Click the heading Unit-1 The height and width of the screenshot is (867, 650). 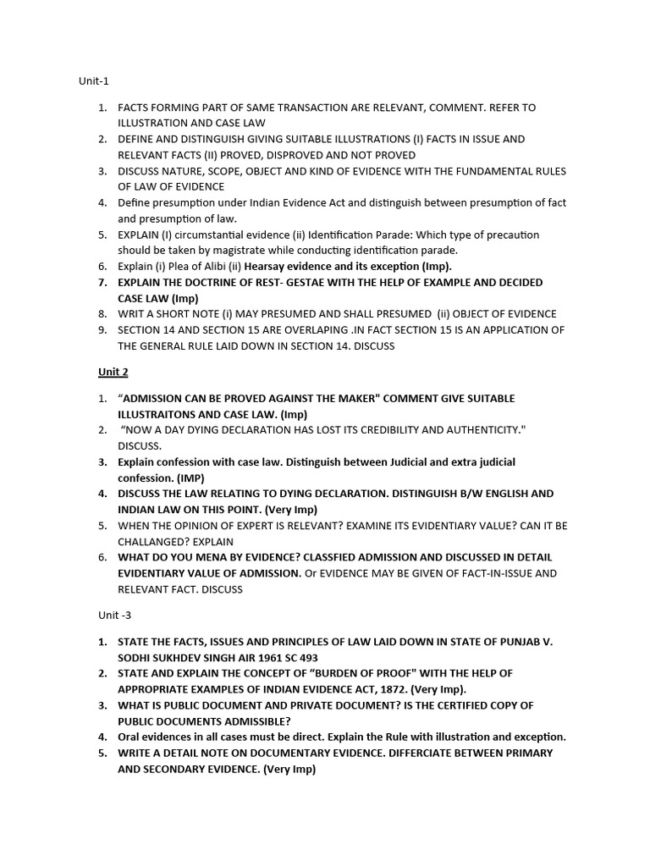click(x=94, y=81)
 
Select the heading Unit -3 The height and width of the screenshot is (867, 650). click(x=96, y=616)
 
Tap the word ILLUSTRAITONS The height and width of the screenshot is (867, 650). click(x=167, y=414)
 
